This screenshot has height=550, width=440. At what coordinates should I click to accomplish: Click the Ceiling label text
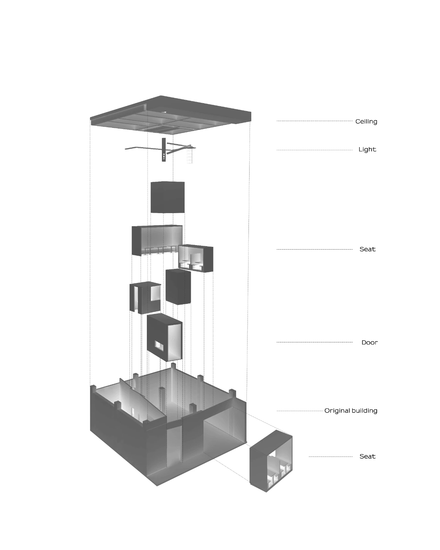point(366,121)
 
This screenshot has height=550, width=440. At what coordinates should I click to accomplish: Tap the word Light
point(367,150)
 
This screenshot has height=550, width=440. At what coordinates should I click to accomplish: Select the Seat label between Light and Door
point(367,249)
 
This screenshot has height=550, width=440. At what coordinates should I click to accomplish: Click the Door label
point(370,342)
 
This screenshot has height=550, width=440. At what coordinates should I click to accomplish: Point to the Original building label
point(351,411)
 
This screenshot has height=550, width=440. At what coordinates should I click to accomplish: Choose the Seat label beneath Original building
point(367,456)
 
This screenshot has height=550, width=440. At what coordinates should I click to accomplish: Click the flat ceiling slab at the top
point(170,115)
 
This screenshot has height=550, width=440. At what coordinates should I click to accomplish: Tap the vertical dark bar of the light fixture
point(164,150)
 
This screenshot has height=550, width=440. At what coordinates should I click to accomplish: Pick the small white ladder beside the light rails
point(189,156)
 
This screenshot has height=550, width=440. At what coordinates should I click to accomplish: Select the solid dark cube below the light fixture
point(167,197)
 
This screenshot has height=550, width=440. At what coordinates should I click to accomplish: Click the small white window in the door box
point(159,346)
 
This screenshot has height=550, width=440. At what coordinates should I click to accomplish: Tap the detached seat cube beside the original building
point(271,461)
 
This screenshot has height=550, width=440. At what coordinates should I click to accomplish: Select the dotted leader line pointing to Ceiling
point(315,121)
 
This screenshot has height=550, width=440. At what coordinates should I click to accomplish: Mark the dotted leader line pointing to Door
point(315,342)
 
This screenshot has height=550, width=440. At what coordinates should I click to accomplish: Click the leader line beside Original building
point(299,411)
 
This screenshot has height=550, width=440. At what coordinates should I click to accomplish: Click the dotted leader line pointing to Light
point(315,150)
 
